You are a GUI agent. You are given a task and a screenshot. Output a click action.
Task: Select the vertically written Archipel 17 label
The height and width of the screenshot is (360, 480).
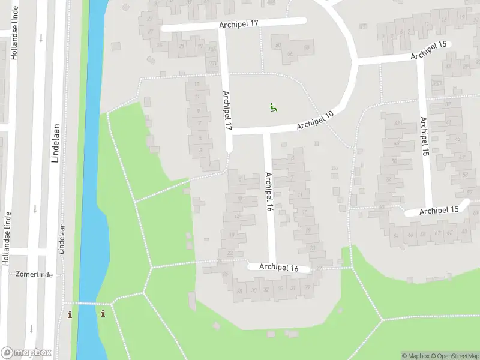227,111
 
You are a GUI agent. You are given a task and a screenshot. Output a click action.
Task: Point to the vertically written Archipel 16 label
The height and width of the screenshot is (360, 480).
269,192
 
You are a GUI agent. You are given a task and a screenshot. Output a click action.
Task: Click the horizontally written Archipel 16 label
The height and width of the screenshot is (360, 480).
279,268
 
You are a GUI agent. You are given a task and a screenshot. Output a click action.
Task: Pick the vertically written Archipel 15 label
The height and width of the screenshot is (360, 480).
425,137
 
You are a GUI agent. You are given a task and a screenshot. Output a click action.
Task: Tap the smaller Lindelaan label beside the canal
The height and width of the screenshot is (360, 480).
62,239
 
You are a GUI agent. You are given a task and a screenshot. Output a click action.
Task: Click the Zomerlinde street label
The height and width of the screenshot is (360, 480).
35,274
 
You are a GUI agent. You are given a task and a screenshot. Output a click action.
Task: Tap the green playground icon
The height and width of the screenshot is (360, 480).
273,108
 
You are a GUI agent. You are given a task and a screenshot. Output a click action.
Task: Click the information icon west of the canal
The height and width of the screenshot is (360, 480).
70,314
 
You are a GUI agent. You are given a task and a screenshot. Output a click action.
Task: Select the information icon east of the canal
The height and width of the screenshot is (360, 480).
103,313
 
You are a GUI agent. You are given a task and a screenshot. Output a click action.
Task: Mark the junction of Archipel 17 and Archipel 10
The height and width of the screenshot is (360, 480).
229,131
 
